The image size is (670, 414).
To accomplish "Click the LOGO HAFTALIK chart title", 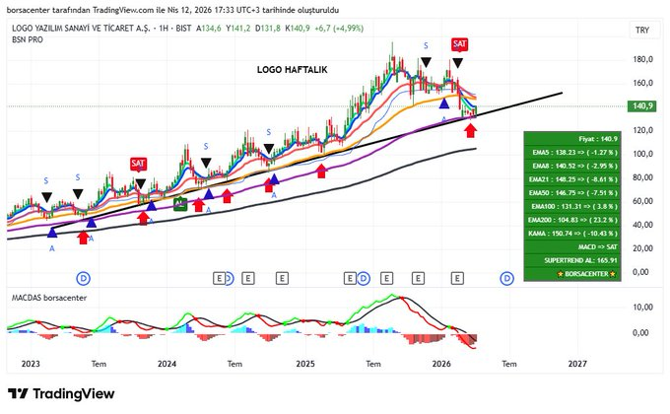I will pyautogui.click(x=298, y=70).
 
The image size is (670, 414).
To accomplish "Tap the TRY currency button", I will pyautogui.click(x=641, y=31).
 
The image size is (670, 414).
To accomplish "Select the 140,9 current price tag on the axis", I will pyautogui.click(x=641, y=105).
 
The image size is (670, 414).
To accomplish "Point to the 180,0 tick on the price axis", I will pyautogui.click(x=641, y=59).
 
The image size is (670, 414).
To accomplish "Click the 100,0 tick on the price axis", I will pyautogui.click(x=641, y=154).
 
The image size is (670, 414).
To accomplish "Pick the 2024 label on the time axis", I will pyautogui.click(x=167, y=363).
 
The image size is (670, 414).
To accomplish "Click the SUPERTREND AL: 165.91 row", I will pyautogui.click(x=572, y=260).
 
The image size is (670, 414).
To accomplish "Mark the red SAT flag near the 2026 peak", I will pyautogui.click(x=460, y=44).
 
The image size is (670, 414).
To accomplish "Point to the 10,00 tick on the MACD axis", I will pyautogui.click(x=641, y=308).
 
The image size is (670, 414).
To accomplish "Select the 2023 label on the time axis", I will pyautogui.click(x=29, y=363).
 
